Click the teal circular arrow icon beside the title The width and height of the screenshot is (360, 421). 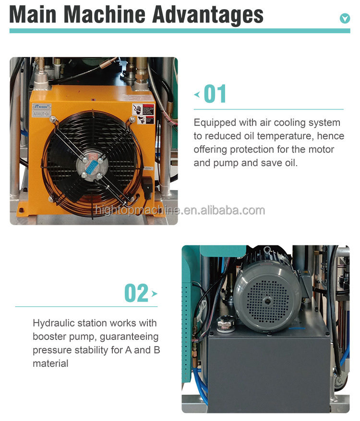345,19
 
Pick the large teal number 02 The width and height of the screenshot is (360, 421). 136,292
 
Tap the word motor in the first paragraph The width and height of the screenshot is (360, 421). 322,150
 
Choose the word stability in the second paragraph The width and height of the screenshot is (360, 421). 91,350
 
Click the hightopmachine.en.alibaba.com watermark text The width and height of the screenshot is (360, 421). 180,210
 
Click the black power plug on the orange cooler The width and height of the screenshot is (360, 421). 148,185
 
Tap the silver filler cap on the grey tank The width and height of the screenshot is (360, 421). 223,323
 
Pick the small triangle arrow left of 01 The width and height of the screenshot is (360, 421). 197,95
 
